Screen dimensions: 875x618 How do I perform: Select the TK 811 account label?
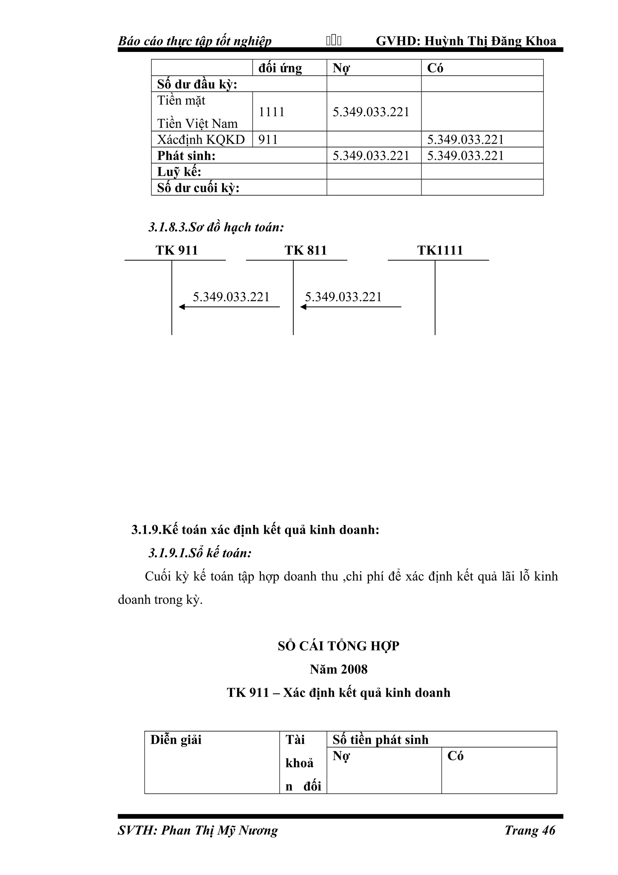(x=305, y=250)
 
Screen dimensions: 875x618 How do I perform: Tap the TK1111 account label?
(x=440, y=250)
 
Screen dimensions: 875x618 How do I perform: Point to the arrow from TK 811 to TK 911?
(x=229, y=307)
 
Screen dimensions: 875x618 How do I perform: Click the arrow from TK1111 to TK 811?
(x=350, y=307)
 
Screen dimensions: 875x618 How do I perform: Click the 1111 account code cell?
(x=272, y=112)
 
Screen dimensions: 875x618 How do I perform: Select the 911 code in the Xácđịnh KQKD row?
(x=268, y=139)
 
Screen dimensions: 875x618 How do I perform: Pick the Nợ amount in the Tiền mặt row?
(x=371, y=112)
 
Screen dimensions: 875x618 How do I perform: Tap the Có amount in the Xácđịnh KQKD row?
(x=465, y=139)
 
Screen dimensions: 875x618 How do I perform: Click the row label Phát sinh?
(x=186, y=155)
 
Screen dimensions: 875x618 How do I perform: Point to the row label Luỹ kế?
(x=179, y=172)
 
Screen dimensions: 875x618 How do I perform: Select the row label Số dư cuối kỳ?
(x=198, y=188)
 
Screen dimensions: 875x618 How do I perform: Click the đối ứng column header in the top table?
(x=280, y=68)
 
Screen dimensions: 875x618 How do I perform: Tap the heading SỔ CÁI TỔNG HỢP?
(x=338, y=646)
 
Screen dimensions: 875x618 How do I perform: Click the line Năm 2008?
(x=338, y=669)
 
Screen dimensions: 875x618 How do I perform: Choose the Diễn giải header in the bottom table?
(x=176, y=740)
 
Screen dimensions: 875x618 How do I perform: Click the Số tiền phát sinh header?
(x=381, y=740)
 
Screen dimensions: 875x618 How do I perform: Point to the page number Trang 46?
(x=530, y=830)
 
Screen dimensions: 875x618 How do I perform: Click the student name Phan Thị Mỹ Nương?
(x=219, y=830)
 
